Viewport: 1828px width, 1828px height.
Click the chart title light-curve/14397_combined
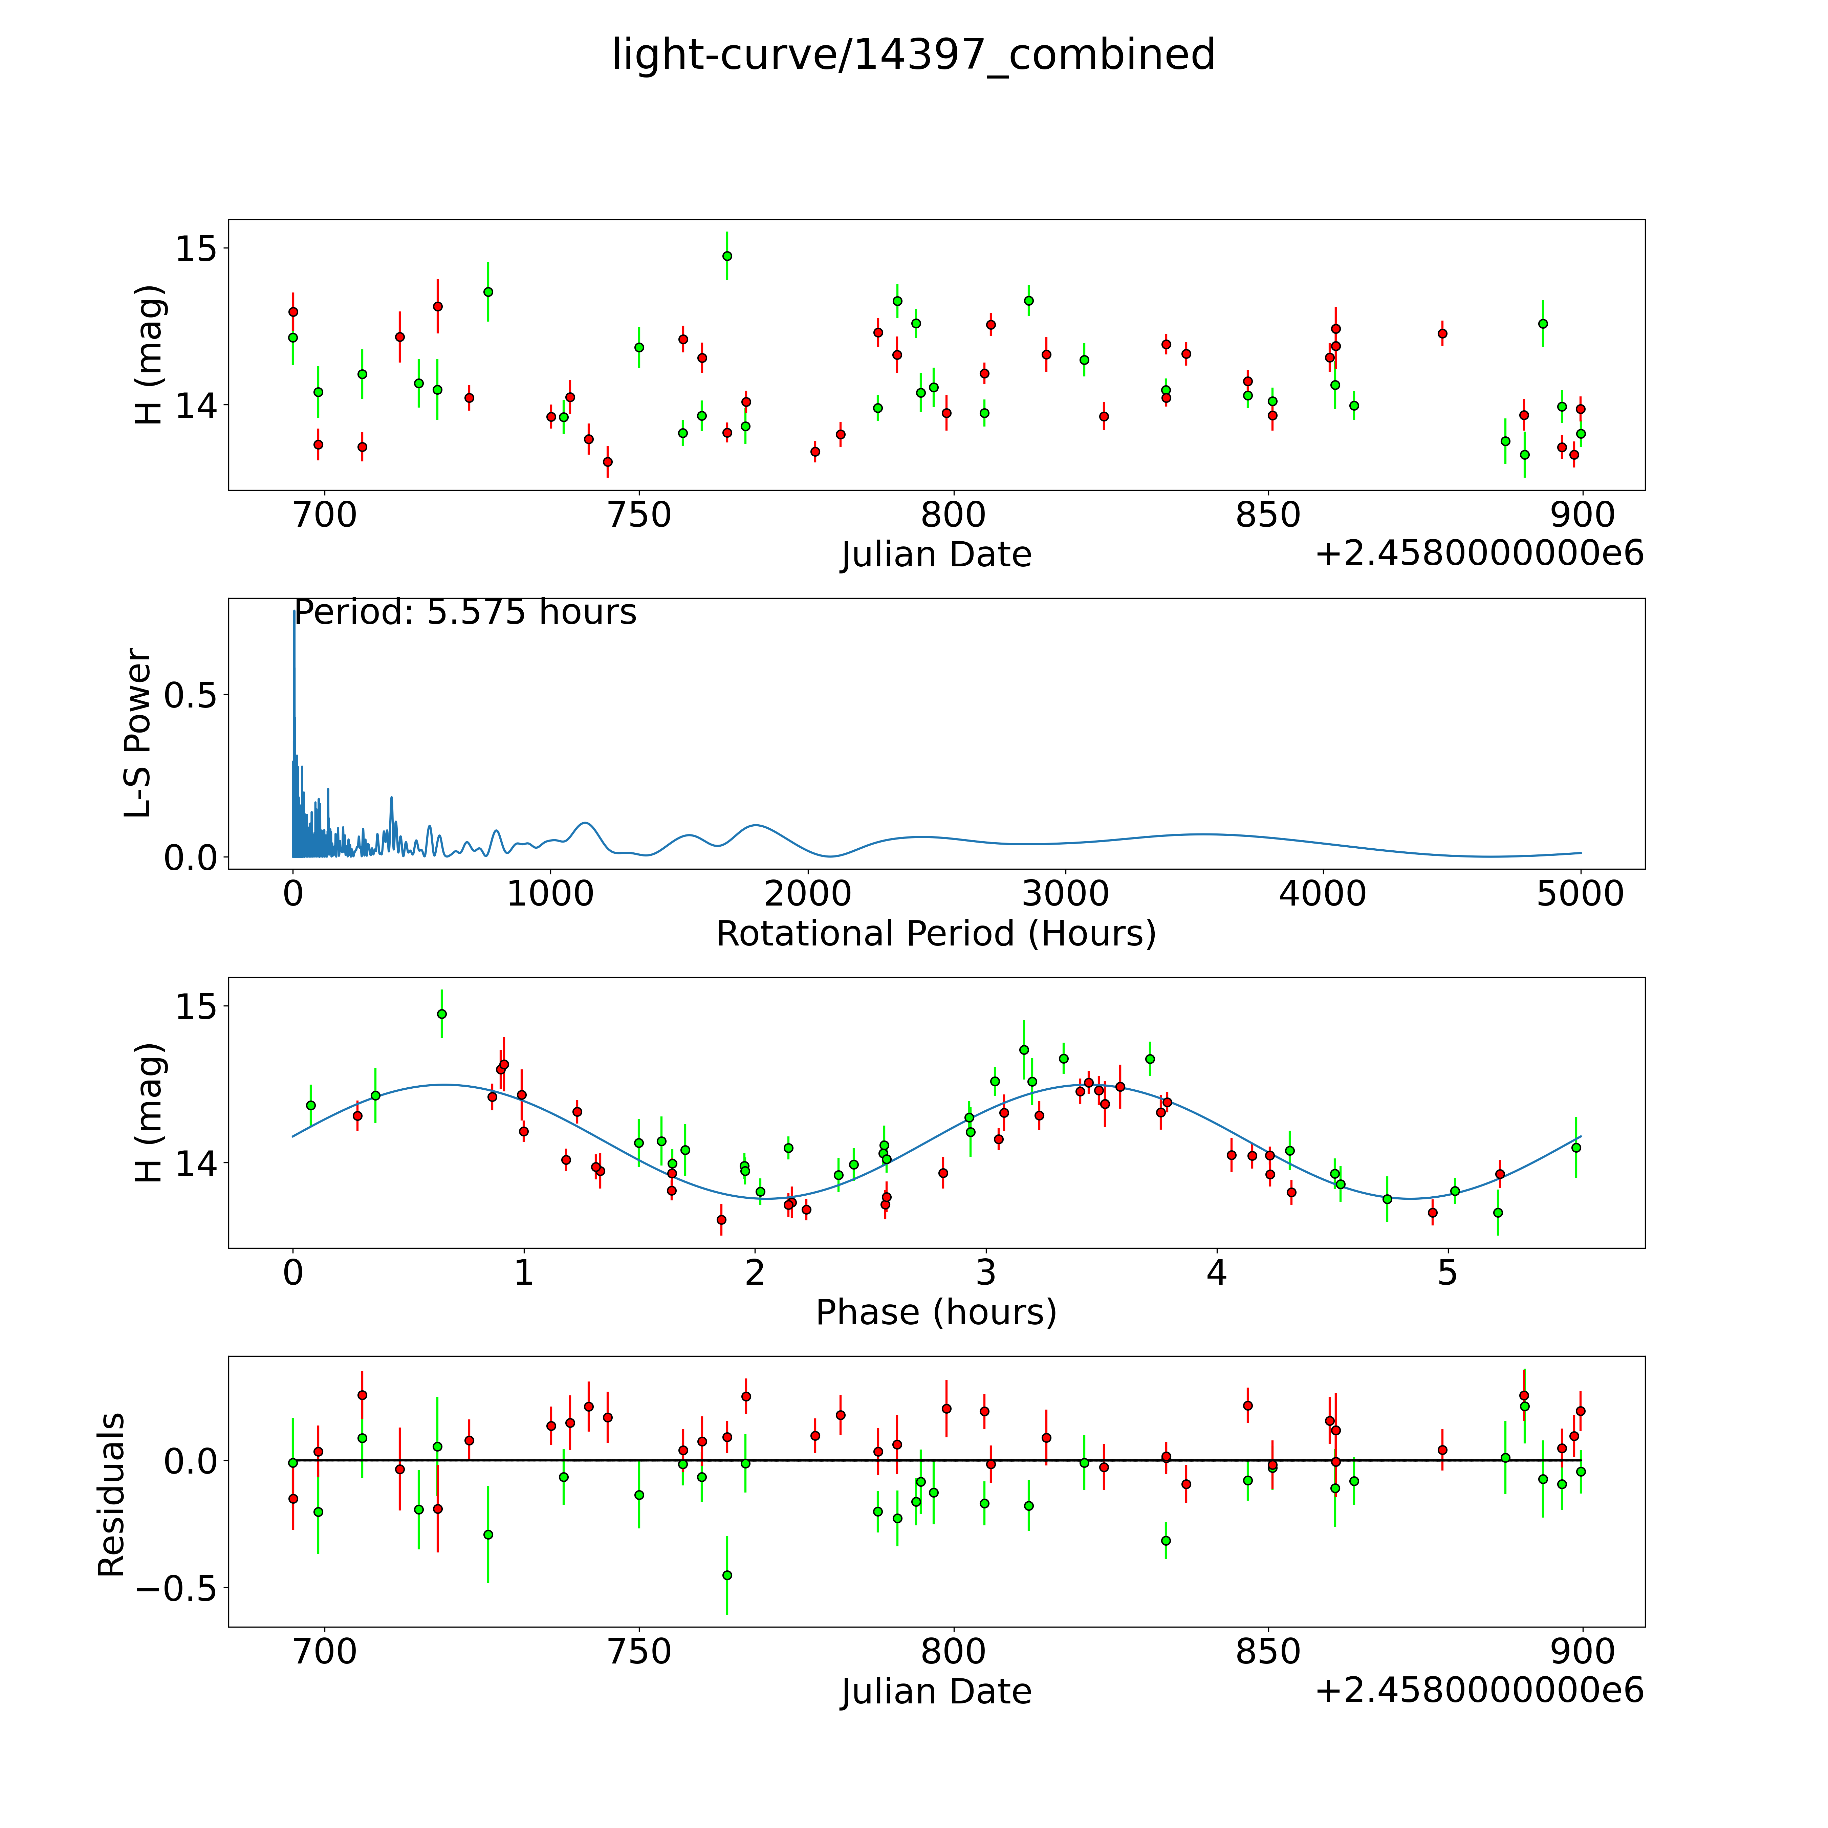(913, 55)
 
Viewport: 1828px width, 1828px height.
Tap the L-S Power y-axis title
(139, 733)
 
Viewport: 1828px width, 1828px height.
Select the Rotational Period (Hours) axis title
(936, 934)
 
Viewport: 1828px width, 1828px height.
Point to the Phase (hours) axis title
(936, 1312)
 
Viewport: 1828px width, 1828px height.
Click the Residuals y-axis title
(112, 1495)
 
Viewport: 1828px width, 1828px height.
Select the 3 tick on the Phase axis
(986, 1272)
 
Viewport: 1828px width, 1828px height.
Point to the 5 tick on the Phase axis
(1448, 1272)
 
